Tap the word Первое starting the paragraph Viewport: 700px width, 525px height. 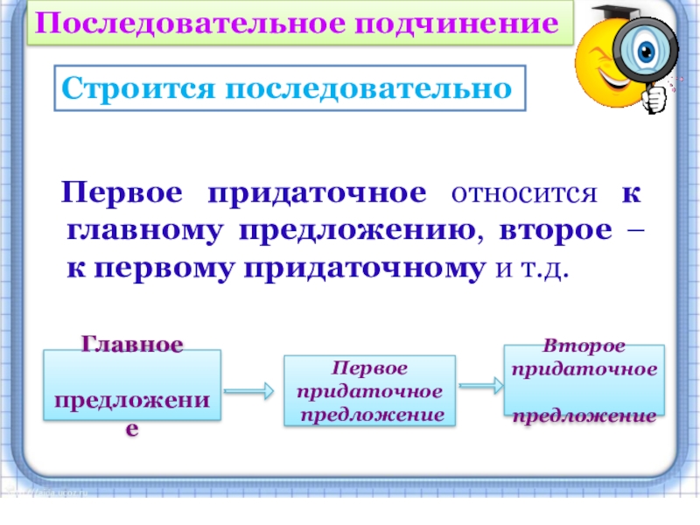[x=122, y=193]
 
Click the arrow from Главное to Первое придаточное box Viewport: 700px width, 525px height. [x=250, y=390]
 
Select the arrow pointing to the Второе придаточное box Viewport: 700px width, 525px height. [x=479, y=383]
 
